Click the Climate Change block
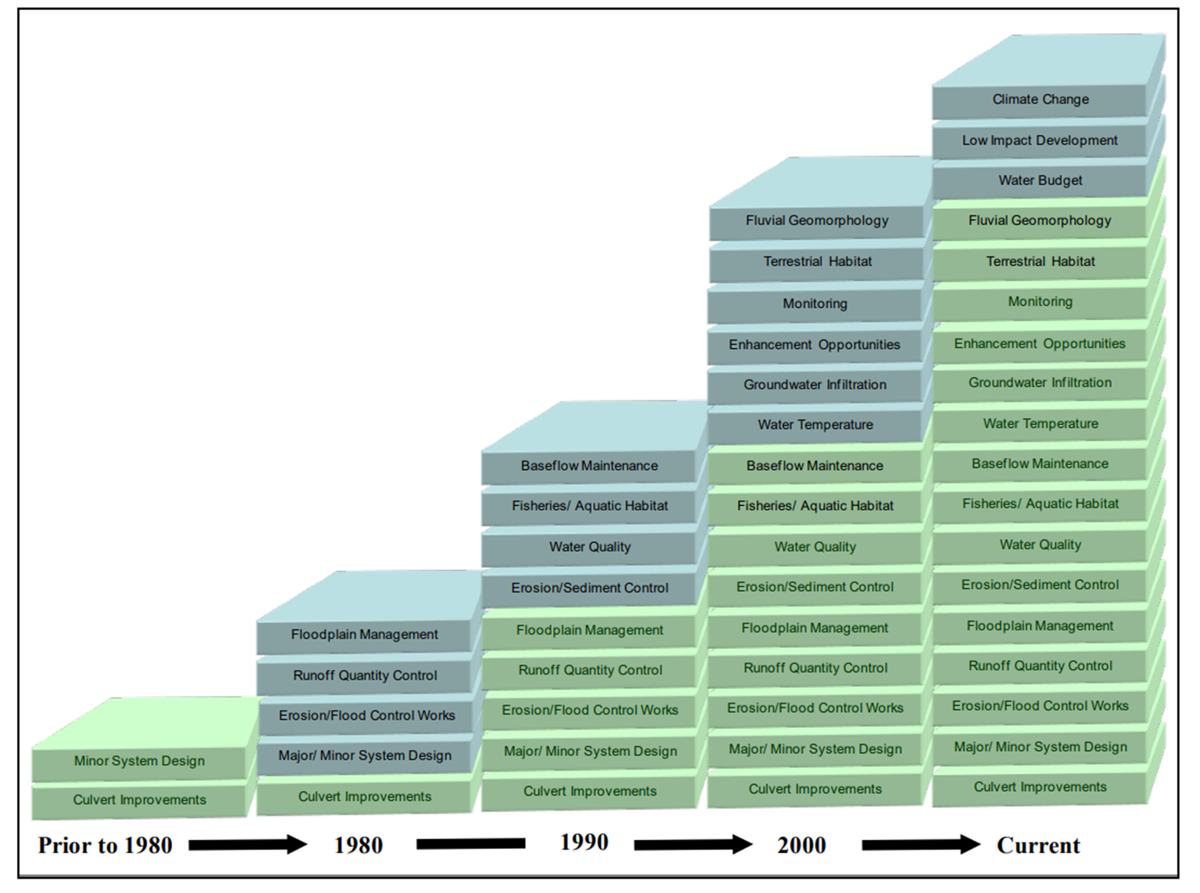1039,100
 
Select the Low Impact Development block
1039,140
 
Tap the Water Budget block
1039,181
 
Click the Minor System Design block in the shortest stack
139,761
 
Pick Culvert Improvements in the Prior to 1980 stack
139,800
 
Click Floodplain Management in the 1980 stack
364,634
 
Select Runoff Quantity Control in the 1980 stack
365,675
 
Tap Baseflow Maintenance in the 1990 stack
589,466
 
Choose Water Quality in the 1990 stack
590,547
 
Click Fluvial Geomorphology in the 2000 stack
816,220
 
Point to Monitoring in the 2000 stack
815,304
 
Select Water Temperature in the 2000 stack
815,425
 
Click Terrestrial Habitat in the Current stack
1040,261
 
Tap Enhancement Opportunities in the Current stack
1039,344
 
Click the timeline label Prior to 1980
105,845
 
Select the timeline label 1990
584,842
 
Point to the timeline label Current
1038,845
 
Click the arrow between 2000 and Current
920,844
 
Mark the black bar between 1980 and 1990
470,843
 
